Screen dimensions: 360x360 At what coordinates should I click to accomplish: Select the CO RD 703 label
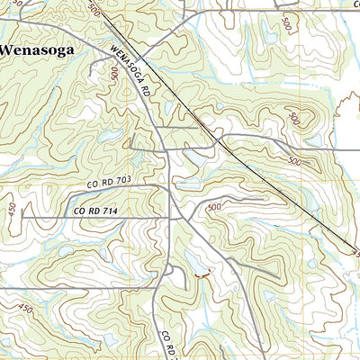(x=110, y=182)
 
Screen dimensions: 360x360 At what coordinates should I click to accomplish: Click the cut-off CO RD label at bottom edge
(x=167, y=346)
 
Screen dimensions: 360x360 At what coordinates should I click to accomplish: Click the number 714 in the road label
(x=110, y=211)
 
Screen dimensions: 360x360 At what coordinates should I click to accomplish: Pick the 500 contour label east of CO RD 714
(x=213, y=208)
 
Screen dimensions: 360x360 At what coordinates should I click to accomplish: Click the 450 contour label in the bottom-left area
(x=24, y=310)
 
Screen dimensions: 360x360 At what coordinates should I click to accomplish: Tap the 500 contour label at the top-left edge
(x=94, y=8)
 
